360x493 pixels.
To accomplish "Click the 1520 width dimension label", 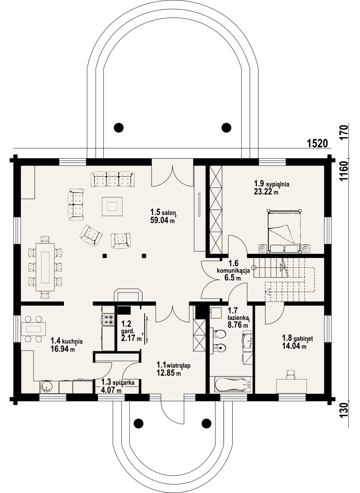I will (318, 143).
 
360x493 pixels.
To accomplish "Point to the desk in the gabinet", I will (291, 386).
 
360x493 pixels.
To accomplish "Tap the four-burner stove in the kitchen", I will (108, 319).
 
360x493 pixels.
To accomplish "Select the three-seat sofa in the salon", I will (113, 179).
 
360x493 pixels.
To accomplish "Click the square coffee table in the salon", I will (112, 207).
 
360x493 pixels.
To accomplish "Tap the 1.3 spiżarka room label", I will (118, 382).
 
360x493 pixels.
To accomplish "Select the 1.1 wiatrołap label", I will (174, 365).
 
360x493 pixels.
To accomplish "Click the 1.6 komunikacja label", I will (233, 267).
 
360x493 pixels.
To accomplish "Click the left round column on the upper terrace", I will (118, 127).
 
